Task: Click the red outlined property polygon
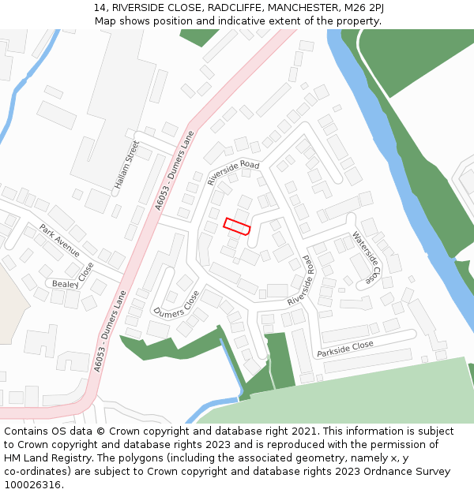click(237, 226)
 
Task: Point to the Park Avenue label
click(60, 241)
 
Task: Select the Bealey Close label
click(71, 283)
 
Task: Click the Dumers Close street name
click(176, 308)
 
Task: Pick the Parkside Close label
click(345, 349)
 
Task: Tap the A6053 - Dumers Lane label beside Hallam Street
click(175, 172)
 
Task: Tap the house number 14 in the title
click(100, 7)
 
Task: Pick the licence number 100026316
click(32, 485)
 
